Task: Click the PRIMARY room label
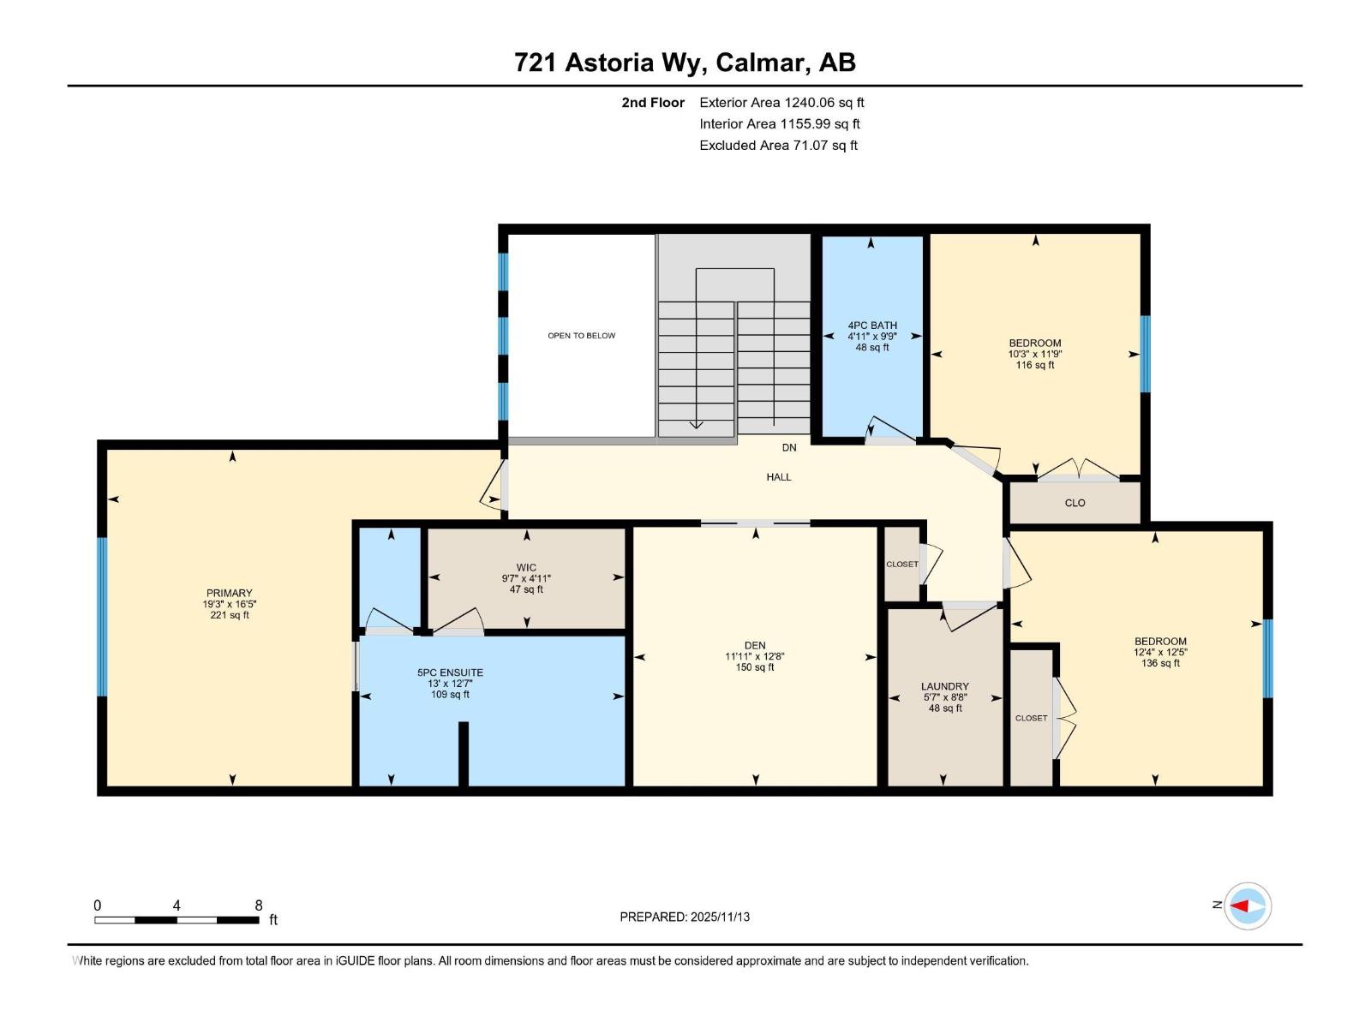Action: pos(229,593)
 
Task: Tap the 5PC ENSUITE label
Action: pos(450,672)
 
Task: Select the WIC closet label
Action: pos(526,567)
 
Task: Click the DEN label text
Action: pos(755,645)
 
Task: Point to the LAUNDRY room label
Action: pos(944,686)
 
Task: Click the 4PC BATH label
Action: pos(872,326)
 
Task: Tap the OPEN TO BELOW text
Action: pos(581,336)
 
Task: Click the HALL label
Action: pos(778,477)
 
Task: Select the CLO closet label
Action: pos(1075,503)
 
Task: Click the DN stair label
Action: pos(788,448)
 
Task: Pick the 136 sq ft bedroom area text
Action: pos(1160,663)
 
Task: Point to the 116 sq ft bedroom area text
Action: pos(1035,365)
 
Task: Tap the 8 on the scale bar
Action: pos(258,905)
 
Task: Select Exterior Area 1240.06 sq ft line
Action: pos(781,103)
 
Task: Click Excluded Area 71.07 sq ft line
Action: pos(778,146)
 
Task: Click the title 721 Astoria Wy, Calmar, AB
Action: pos(685,63)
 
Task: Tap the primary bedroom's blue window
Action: pos(102,617)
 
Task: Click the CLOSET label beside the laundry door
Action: pos(901,564)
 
